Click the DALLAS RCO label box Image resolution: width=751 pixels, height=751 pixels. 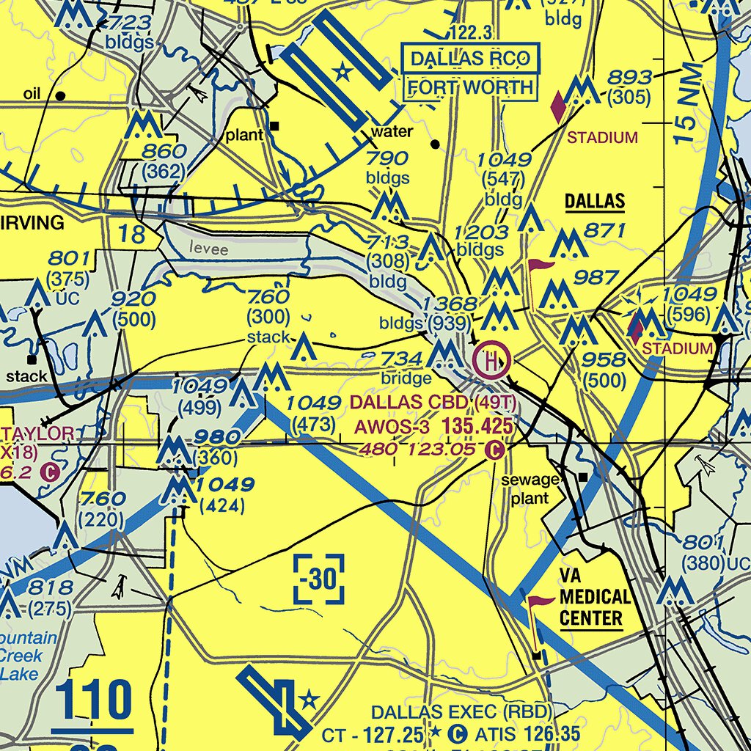[x=469, y=59]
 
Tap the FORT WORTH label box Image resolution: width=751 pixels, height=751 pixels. [x=470, y=87]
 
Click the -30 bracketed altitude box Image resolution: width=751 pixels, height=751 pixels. [x=318, y=579]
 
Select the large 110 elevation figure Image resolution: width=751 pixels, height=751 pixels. [x=93, y=700]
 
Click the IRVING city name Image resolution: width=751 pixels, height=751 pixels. [x=33, y=223]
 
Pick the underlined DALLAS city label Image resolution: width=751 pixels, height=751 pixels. [x=594, y=202]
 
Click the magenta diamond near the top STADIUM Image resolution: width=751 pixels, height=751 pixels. [x=558, y=107]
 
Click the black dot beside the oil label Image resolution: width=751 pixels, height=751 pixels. [x=61, y=95]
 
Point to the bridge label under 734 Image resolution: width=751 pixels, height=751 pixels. [x=406, y=378]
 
